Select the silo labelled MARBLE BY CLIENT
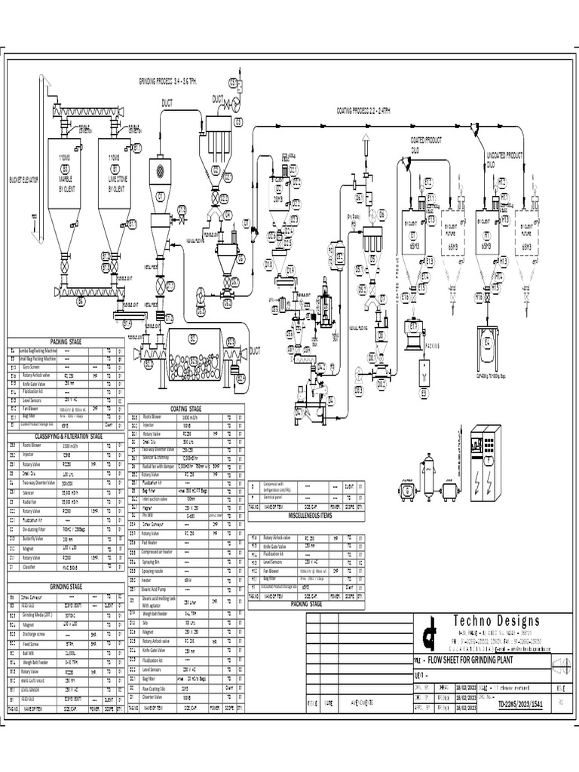[65, 181]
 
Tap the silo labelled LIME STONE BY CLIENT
[114, 181]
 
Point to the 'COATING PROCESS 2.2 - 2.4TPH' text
[363, 110]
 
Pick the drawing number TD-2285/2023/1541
[520, 704]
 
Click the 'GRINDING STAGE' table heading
[66, 586]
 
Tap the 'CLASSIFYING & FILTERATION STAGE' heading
[65, 436]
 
